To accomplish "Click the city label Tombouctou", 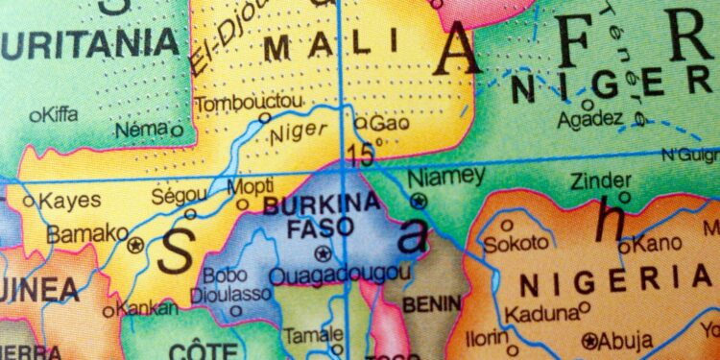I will tap(236, 103).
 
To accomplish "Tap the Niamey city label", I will tap(446, 178).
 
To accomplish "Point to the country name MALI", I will tap(305, 48).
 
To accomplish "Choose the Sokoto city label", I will tap(516, 244).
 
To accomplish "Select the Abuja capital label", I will tap(626, 340).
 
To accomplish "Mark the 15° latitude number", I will tap(364, 152).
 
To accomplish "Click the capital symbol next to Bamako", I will tap(135, 244).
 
